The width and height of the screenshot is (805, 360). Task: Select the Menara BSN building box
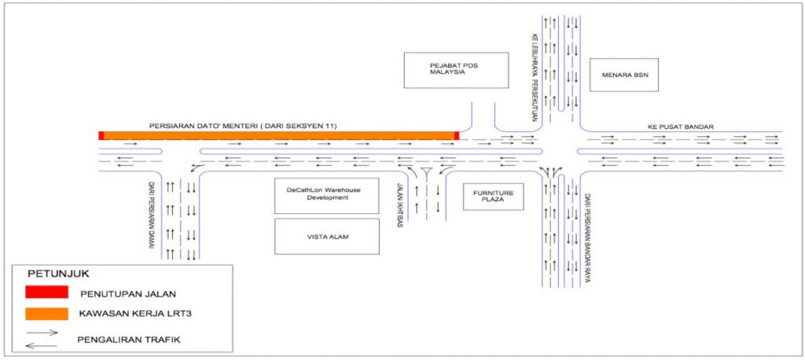pyautogui.click(x=623, y=75)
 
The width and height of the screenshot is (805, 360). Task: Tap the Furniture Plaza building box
pyautogui.click(x=492, y=196)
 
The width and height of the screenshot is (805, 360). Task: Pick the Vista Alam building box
pyautogui.click(x=326, y=237)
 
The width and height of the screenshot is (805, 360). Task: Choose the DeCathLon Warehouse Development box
pyautogui.click(x=326, y=196)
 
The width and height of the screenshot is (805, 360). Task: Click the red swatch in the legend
pyautogui.click(x=45, y=292)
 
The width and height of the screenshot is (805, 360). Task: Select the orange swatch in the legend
pyautogui.click(x=45, y=314)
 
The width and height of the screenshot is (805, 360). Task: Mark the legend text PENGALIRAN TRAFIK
pyautogui.click(x=126, y=339)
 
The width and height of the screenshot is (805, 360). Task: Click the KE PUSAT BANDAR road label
pyautogui.click(x=681, y=126)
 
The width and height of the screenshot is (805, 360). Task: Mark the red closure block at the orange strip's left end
pyautogui.click(x=101, y=136)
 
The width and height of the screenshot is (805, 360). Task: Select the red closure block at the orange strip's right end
pyautogui.click(x=456, y=136)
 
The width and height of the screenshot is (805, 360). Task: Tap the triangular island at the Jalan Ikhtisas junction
pyautogui.click(x=427, y=174)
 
